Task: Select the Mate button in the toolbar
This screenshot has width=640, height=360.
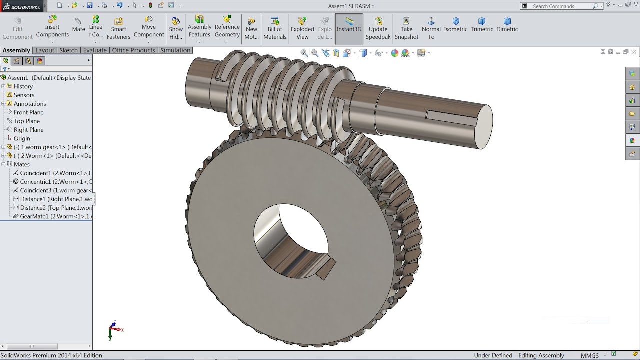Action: (78, 25)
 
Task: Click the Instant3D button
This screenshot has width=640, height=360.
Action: (349, 29)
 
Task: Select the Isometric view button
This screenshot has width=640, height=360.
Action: (456, 25)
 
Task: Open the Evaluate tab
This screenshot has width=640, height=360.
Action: (94, 50)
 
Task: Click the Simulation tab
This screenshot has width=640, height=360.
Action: (175, 50)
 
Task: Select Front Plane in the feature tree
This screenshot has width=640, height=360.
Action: (28, 112)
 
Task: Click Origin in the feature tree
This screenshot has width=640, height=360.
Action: (22, 138)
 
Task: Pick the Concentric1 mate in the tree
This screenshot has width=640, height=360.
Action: (55, 182)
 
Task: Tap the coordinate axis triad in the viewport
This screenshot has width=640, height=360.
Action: (114, 329)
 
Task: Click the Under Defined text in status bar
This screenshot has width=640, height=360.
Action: (493, 355)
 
